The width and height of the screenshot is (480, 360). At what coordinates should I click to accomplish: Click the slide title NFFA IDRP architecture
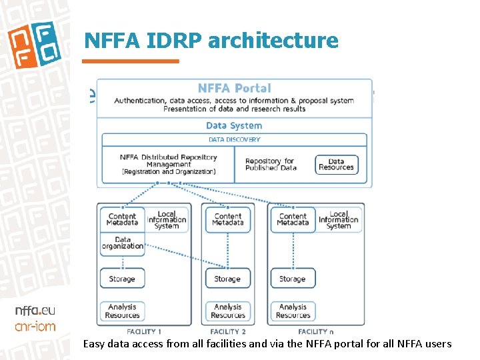pos(211,41)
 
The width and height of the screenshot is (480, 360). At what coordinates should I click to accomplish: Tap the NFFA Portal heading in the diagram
pos(234,88)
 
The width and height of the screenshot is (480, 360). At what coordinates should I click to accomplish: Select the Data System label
pos(234,125)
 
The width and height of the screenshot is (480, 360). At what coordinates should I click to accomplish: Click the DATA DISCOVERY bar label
pos(234,139)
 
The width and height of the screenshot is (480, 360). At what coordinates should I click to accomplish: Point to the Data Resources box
pos(336,164)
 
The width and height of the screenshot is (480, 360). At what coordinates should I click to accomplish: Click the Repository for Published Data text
pos(271,164)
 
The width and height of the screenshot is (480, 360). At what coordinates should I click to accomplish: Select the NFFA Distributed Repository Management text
pos(168,164)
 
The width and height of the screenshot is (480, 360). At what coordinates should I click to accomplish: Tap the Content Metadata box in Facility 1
pos(122,219)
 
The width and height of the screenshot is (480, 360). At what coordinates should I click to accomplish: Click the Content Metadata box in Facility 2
pos(227,219)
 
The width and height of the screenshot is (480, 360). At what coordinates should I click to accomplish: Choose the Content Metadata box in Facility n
pos(293,219)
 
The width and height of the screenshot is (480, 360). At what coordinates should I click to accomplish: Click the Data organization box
pos(122,243)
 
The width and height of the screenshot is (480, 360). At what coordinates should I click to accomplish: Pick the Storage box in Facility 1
pos(122,279)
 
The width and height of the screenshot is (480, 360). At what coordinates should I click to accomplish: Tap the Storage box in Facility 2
pos(227,279)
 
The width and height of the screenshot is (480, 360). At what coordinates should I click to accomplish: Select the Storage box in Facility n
pos(293,279)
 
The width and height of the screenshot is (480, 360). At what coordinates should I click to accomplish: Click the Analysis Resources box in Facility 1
pos(122,311)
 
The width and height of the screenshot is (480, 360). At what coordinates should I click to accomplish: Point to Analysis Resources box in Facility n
pos(293,311)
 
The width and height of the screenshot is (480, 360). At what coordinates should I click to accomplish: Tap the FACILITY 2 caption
pos(227,331)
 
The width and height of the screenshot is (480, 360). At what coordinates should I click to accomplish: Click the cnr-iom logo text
pos(35,326)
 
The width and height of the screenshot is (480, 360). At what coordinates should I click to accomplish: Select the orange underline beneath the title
pos(131,61)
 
